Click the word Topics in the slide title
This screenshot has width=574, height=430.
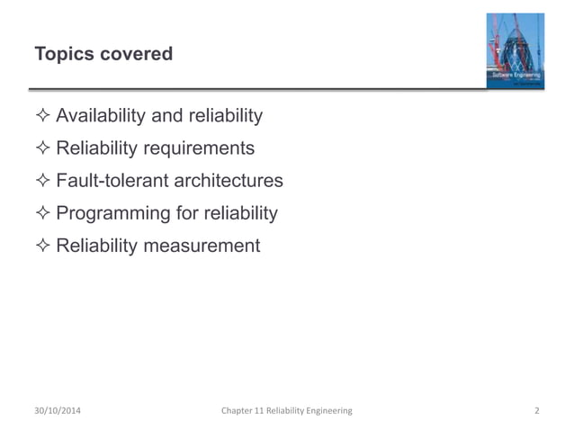63,55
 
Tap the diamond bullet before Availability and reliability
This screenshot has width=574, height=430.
42,116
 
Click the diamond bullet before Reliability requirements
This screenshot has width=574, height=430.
42,148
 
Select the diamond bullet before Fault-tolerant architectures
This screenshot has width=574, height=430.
42,181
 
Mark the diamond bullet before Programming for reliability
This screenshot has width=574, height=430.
42,213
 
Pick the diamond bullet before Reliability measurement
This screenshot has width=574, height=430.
42,246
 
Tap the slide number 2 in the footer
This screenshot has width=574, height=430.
536,411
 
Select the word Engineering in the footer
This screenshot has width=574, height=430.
328,411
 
